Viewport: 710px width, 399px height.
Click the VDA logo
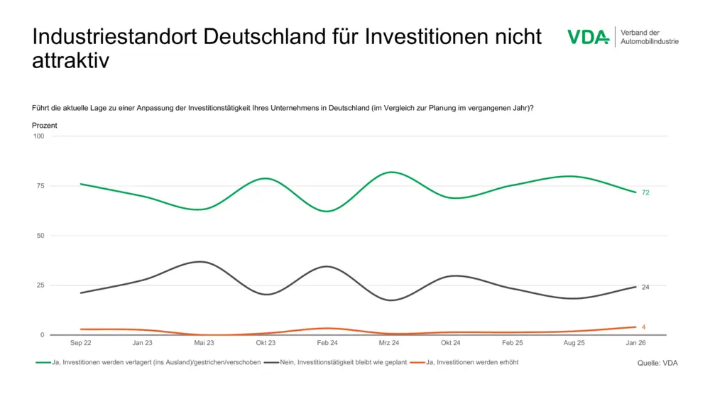click(588, 37)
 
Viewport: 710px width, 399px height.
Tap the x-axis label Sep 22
click(80, 342)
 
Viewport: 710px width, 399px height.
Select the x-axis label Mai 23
click(204, 342)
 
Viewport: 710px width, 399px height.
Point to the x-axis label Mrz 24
click(389, 342)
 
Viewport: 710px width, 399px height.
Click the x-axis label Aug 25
click(574, 342)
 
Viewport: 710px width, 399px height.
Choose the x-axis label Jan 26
click(636, 342)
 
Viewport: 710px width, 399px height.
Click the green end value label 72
click(645, 192)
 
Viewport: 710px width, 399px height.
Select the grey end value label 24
click(645, 288)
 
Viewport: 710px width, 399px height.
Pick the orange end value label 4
click(643, 327)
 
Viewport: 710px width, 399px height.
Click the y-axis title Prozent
click(45, 126)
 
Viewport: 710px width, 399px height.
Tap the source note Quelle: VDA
click(657, 363)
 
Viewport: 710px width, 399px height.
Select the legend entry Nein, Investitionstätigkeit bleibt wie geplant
click(335, 363)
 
